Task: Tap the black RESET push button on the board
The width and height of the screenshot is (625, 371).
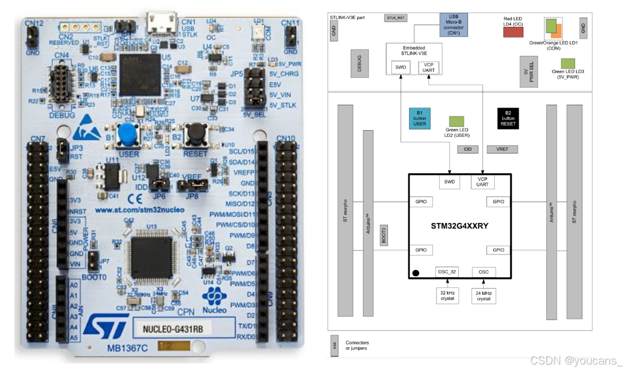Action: (196, 132)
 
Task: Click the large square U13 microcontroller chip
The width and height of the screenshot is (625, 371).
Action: (150, 253)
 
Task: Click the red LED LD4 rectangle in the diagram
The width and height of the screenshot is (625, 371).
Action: (513, 32)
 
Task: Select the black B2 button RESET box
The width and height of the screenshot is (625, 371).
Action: (508, 118)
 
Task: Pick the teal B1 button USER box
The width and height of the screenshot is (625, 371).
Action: (419, 118)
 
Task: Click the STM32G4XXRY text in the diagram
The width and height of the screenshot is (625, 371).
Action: (459, 225)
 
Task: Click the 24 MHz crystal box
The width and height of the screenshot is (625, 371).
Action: (484, 296)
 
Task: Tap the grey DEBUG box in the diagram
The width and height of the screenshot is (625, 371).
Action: (359, 64)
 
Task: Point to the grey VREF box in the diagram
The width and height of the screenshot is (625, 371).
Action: (502, 149)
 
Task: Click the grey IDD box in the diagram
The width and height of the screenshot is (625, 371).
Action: (467, 149)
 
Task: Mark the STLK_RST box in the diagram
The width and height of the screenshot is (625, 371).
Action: (395, 18)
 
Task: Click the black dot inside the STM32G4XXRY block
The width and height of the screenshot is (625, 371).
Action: (416, 273)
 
